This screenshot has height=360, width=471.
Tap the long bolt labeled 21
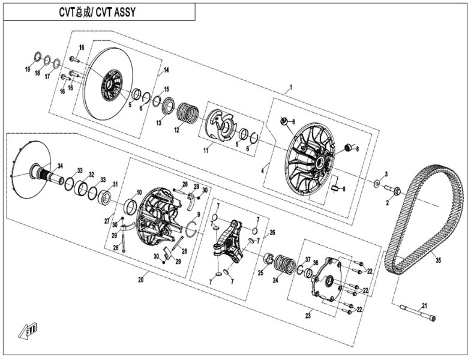[x=417, y=313]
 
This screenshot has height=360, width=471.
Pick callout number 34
[x=59, y=166]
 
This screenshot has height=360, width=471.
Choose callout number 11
[x=206, y=151]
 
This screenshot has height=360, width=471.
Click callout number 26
[x=272, y=232]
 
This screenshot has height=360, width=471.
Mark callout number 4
[x=262, y=170]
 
